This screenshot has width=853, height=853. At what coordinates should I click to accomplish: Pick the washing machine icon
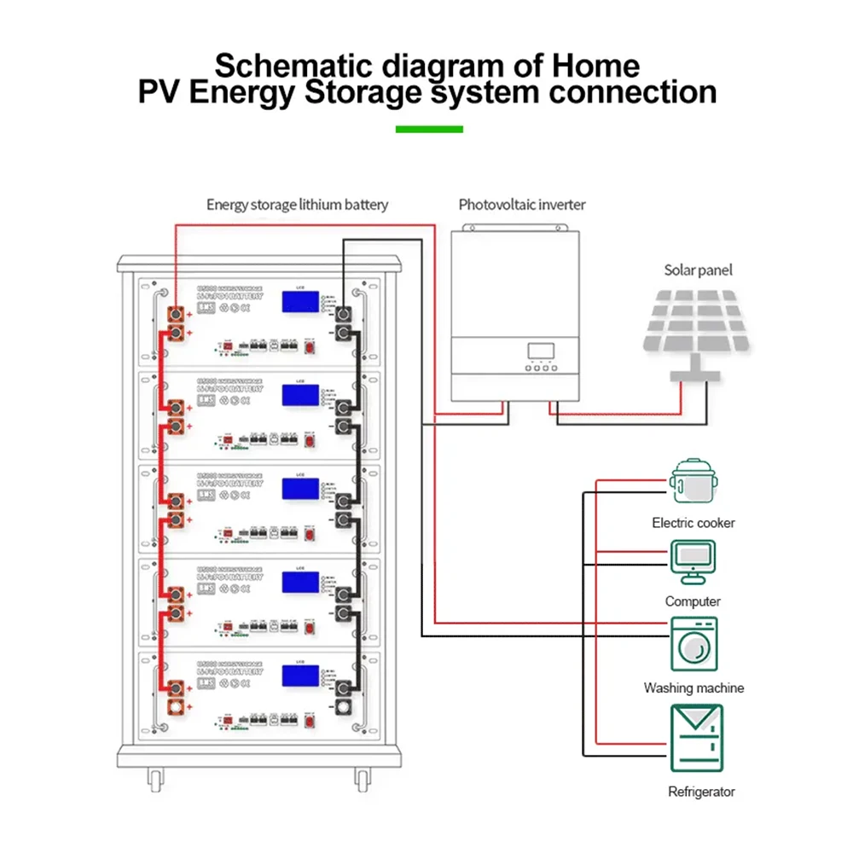click(x=693, y=643)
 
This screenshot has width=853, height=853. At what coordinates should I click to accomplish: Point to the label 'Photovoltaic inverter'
click(x=522, y=205)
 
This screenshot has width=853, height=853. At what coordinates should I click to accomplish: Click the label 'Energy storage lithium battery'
click(x=298, y=205)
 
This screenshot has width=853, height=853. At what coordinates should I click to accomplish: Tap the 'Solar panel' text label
click(x=698, y=270)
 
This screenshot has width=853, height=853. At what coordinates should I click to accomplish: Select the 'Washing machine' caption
click(x=693, y=688)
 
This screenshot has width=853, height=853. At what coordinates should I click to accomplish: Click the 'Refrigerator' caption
click(x=701, y=792)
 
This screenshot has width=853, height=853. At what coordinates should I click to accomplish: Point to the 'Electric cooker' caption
click(x=693, y=523)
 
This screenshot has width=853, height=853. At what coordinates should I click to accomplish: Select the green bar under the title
click(x=429, y=130)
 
